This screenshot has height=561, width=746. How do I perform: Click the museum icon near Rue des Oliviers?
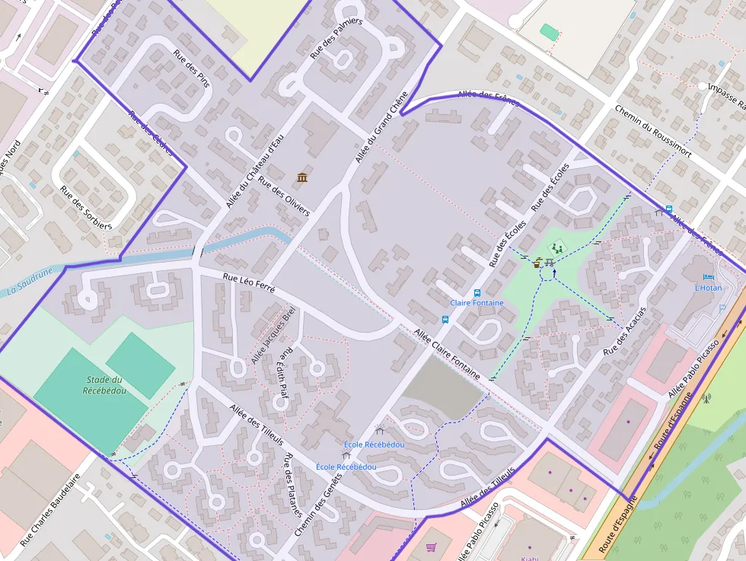click(x=302, y=177)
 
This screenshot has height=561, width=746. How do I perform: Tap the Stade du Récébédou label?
click(x=104, y=385)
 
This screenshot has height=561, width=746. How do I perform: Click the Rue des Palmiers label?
click(x=336, y=39)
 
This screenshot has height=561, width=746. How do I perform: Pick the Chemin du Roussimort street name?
click(x=652, y=131)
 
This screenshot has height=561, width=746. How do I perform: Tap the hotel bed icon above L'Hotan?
click(x=709, y=278)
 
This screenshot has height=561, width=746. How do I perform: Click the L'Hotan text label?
click(x=708, y=288)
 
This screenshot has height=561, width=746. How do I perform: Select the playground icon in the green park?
click(x=558, y=248)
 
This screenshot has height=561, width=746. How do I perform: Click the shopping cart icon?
click(x=432, y=547)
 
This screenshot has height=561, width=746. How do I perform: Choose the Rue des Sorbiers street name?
click(x=86, y=208)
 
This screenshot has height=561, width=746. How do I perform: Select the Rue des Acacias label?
click(x=624, y=333)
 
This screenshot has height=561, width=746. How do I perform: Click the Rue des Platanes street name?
click(x=293, y=485)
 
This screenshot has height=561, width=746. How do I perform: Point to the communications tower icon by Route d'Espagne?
click(x=706, y=397)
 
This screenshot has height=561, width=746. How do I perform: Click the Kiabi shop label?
click(x=529, y=558)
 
